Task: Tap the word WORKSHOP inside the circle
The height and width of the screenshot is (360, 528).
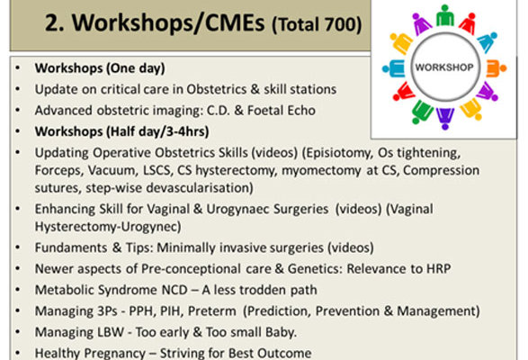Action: (444, 67)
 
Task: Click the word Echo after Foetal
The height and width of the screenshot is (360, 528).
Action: (299, 110)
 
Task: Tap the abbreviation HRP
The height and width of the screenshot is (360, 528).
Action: (438, 269)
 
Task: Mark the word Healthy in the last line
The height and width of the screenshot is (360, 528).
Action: (57, 354)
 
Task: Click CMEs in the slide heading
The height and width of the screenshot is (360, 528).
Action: (235, 22)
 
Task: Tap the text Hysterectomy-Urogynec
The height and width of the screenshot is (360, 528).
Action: (108, 227)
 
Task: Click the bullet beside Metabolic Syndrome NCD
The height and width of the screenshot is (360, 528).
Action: (17, 290)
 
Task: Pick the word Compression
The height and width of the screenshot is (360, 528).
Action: (441, 171)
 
